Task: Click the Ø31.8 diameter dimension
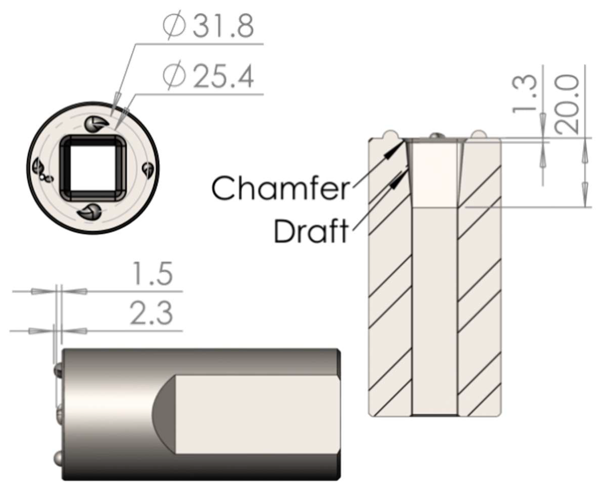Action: click(x=208, y=26)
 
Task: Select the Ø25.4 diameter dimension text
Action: click(x=208, y=76)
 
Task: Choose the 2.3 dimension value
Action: click(x=151, y=313)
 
